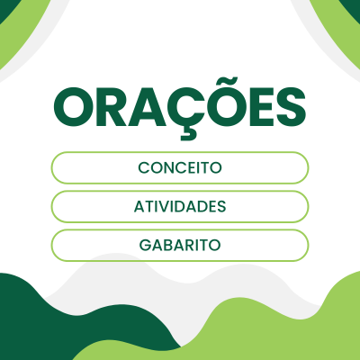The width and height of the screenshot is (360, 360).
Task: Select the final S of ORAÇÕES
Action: coord(291,107)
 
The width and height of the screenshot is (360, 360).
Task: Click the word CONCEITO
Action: coord(180,167)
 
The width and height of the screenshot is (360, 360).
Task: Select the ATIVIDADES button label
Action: coord(180,206)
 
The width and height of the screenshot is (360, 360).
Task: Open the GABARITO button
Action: coord(180,245)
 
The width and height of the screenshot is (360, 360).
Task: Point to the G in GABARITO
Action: coord(145,245)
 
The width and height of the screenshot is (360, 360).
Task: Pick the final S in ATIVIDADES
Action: coord(221,206)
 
